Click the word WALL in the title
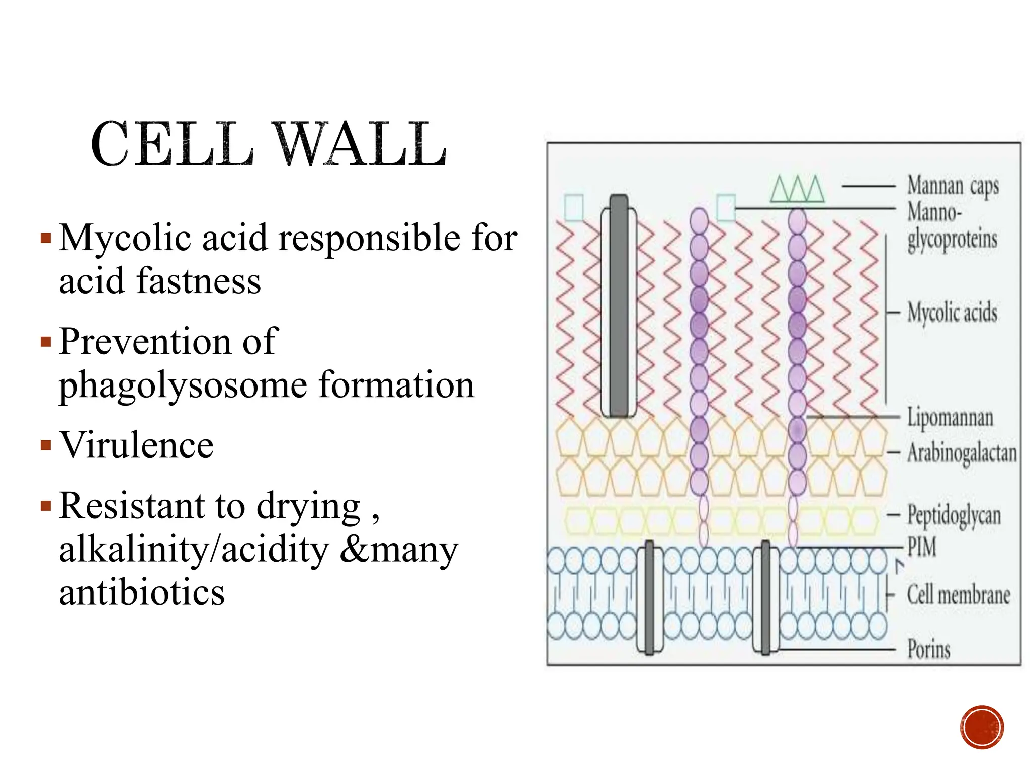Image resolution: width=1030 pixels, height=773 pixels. [360, 144]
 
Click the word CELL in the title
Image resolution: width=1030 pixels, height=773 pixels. [172, 144]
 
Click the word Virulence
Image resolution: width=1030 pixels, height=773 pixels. [136, 445]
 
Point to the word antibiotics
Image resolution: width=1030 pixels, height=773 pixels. [142, 592]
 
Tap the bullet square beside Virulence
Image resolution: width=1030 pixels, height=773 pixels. [46, 445]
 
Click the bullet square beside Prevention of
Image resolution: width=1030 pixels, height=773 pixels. [46, 342]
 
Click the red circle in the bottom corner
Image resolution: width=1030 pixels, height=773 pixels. [982, 727]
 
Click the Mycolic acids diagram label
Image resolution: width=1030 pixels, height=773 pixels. [952, 313]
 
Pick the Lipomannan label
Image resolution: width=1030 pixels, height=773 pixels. [950, 418]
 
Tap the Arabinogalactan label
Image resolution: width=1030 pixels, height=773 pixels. [962, 452]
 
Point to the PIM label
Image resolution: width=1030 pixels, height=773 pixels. [922, 547]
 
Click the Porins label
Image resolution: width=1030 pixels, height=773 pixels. [929, 648]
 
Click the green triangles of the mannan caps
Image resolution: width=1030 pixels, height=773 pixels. [798, 189]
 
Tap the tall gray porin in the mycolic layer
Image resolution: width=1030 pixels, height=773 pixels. [619, 306]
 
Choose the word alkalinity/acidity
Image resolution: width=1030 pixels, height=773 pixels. [194, 550]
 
